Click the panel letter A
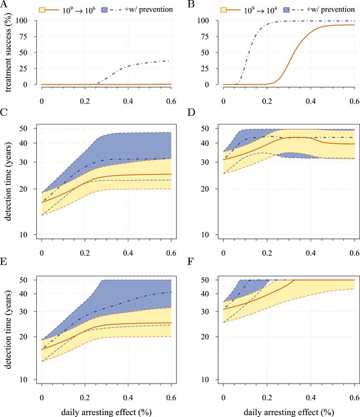pyautogui.click(x=4, y=5)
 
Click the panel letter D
pyautogui.click(x=191, y=112)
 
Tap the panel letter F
pyautogui.click(x=190, y=262)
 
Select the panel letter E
pyautogui.click(x=4, y=262)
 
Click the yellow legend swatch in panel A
pyautogui.click(x=42, y=10)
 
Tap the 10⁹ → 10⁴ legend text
pyautogui.click(x=260, y=10)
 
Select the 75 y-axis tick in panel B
pyautogui.click(x=205, y=36)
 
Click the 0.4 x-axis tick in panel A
pyautogui.click(x=128, y=101)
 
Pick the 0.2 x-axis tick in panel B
pyautogui.click(x=267, y=101)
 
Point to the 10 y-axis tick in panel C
pyautogui.click(x=23, y=235)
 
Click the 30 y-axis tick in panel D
pyautogui.click(x=205, y=162)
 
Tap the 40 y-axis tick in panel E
pyautogui.click(x=23, y=294)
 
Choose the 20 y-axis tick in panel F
pyautogui.click(x=205, y=337)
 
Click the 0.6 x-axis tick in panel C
pyautogui.click(x=171, y=252)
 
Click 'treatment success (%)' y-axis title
pyautogui.click(x=8, y=57)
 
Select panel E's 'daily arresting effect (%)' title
pyautogui.click(x=106, y=412)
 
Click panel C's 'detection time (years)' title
pyautogui.click(x=8, y=181)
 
